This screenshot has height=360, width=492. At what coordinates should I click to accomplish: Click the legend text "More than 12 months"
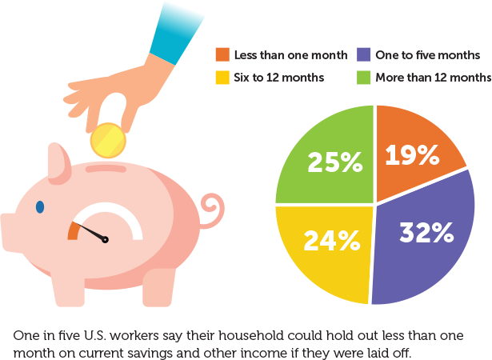pyautogui.click(x=433, y=78)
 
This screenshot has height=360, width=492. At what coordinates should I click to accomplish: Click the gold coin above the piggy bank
pyautogui.click(x=108, y=141)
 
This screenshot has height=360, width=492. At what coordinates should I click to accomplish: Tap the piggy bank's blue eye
pyautogui.click(x=40, y=207)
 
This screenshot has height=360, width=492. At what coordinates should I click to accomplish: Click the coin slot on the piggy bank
pyautogui.click(x=106, y=169)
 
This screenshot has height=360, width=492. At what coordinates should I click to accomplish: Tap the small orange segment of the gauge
pyautogui.click(x=74, y=230)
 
